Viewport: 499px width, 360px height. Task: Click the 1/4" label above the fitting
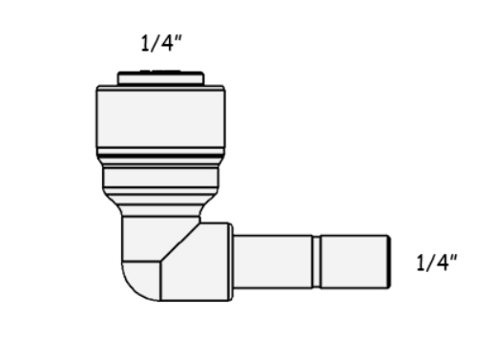pos(161,43)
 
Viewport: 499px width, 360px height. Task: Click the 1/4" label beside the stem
pos(437,263)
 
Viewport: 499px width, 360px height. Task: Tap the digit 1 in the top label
pos(145,43)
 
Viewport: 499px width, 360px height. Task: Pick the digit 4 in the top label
pos(167,43)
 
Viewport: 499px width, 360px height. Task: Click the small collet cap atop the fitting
pos(161,78)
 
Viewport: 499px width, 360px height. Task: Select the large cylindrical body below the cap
pos(160,118)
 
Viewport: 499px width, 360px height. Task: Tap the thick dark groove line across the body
pos(160,156)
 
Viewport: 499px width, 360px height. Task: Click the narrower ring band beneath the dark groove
pos(160,178)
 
